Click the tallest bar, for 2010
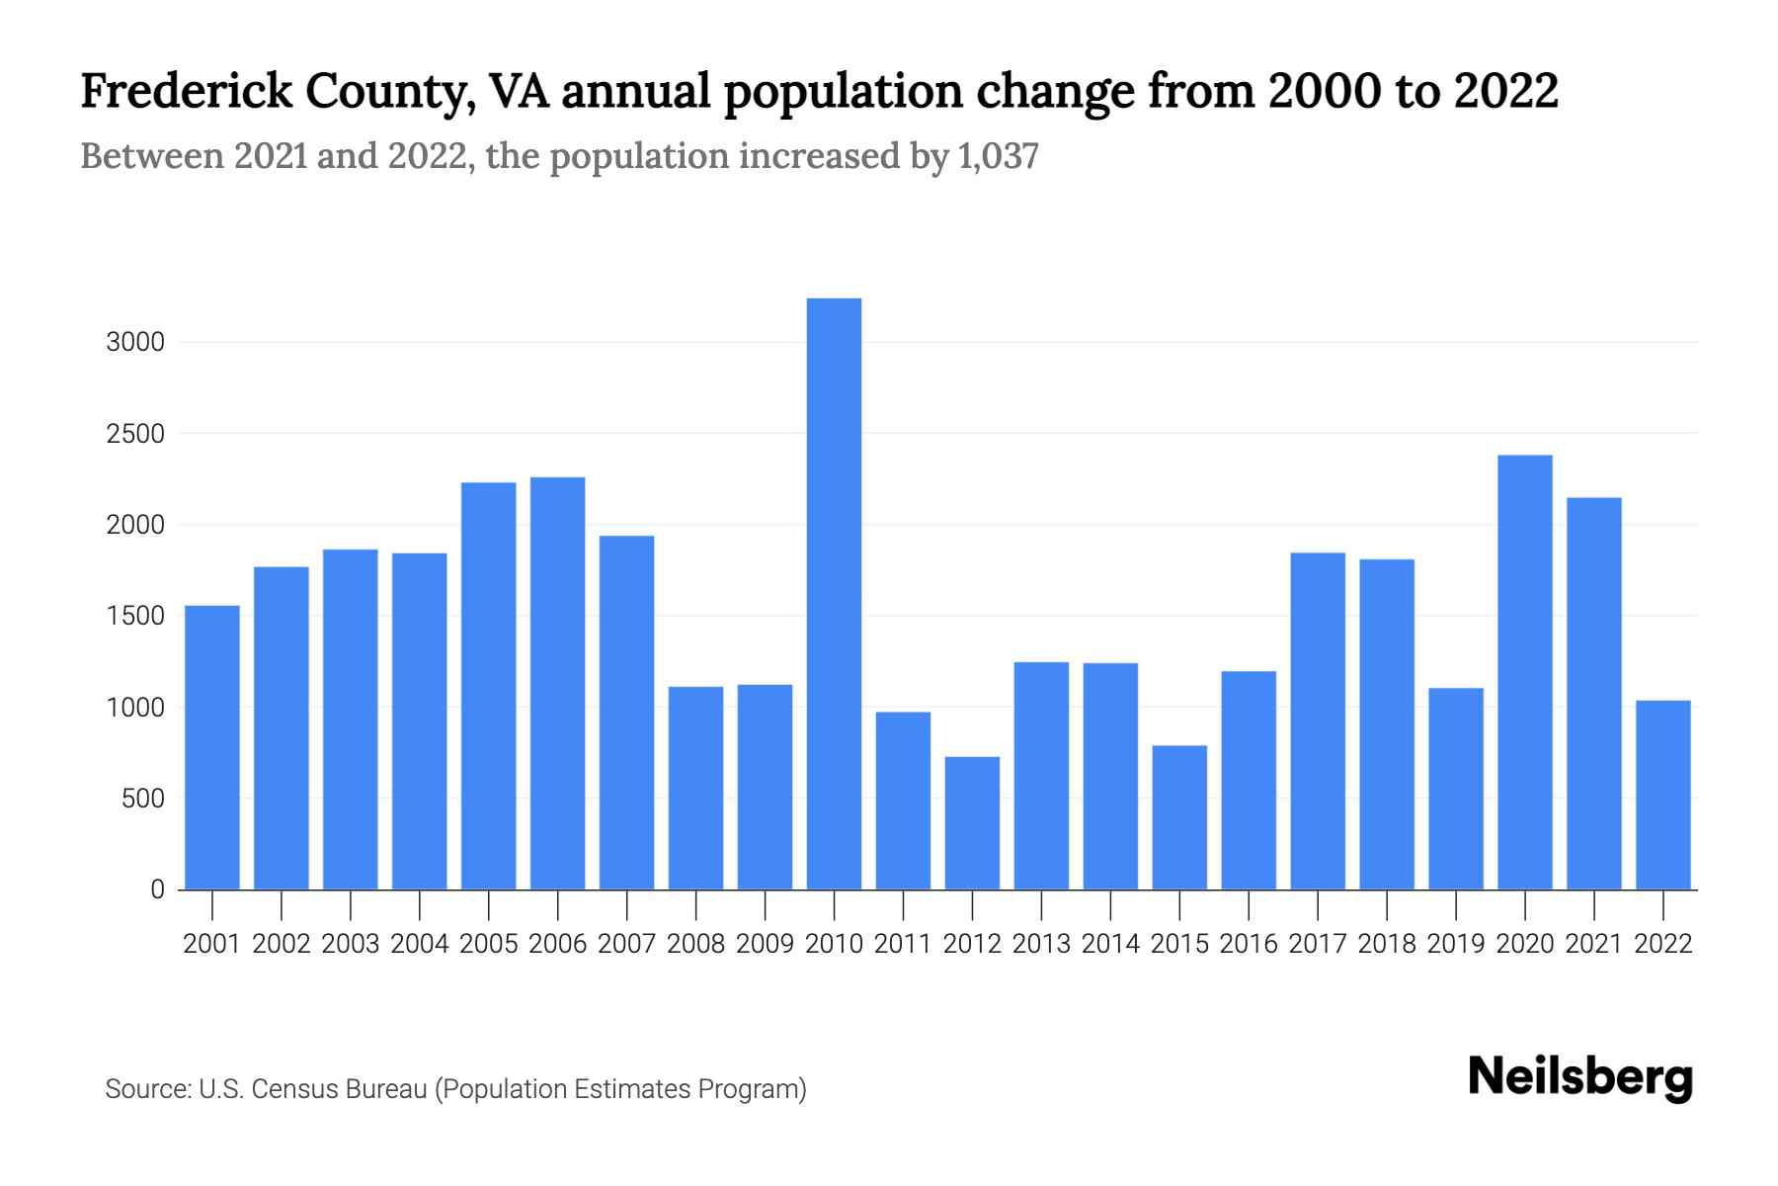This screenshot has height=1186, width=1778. [834, 593]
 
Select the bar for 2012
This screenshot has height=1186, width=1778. [972, 822]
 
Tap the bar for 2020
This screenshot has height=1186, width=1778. [1524, 672]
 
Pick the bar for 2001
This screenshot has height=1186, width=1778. [212, 747]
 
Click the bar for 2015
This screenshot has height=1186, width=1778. [1179, 817]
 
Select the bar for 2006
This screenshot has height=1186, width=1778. [557, 683]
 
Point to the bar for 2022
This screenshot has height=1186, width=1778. [1662, 795]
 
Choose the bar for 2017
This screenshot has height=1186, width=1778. [1318, 720]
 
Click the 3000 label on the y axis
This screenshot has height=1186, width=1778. [135, 343]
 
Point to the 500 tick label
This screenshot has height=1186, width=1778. [143, 799]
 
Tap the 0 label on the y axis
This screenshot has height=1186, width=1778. [157, 889]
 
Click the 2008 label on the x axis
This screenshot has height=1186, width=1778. [695, 944]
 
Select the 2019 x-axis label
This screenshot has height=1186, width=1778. [1455, 944]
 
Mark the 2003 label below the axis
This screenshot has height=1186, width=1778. [351, 944]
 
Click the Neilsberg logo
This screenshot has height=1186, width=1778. [1579, 1077]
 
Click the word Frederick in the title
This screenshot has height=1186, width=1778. [187, 91]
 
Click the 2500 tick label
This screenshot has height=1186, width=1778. [135, 434]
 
